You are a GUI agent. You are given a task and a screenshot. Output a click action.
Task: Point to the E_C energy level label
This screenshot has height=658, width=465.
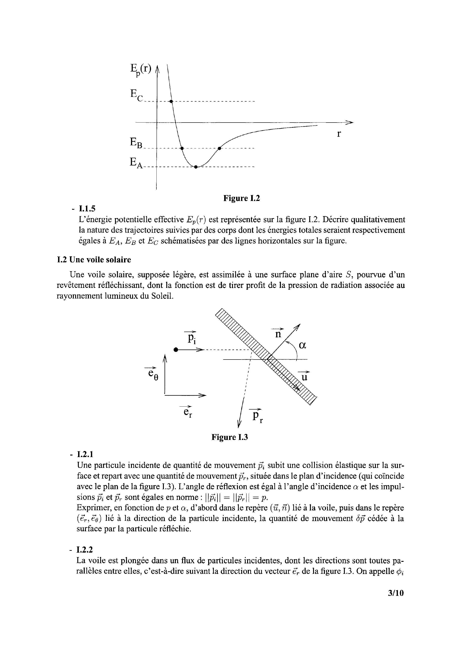pyautogui.click(x=136, y=96)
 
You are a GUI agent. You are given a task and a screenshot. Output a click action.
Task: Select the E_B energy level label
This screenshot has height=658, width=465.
pyautogui.click(x=136, y=143)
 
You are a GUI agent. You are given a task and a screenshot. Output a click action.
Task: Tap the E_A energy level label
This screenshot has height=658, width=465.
pyautogui.click(x=136, y=163)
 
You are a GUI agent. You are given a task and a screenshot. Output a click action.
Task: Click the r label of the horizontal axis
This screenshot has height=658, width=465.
pyautogui.click(x=339, y=134)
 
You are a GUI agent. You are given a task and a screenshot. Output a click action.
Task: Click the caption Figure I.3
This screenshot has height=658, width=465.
pyautogui.click(x=229, y=437)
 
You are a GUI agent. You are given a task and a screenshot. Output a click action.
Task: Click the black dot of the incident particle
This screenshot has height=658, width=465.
pyautogui.click(x=176, y=350)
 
